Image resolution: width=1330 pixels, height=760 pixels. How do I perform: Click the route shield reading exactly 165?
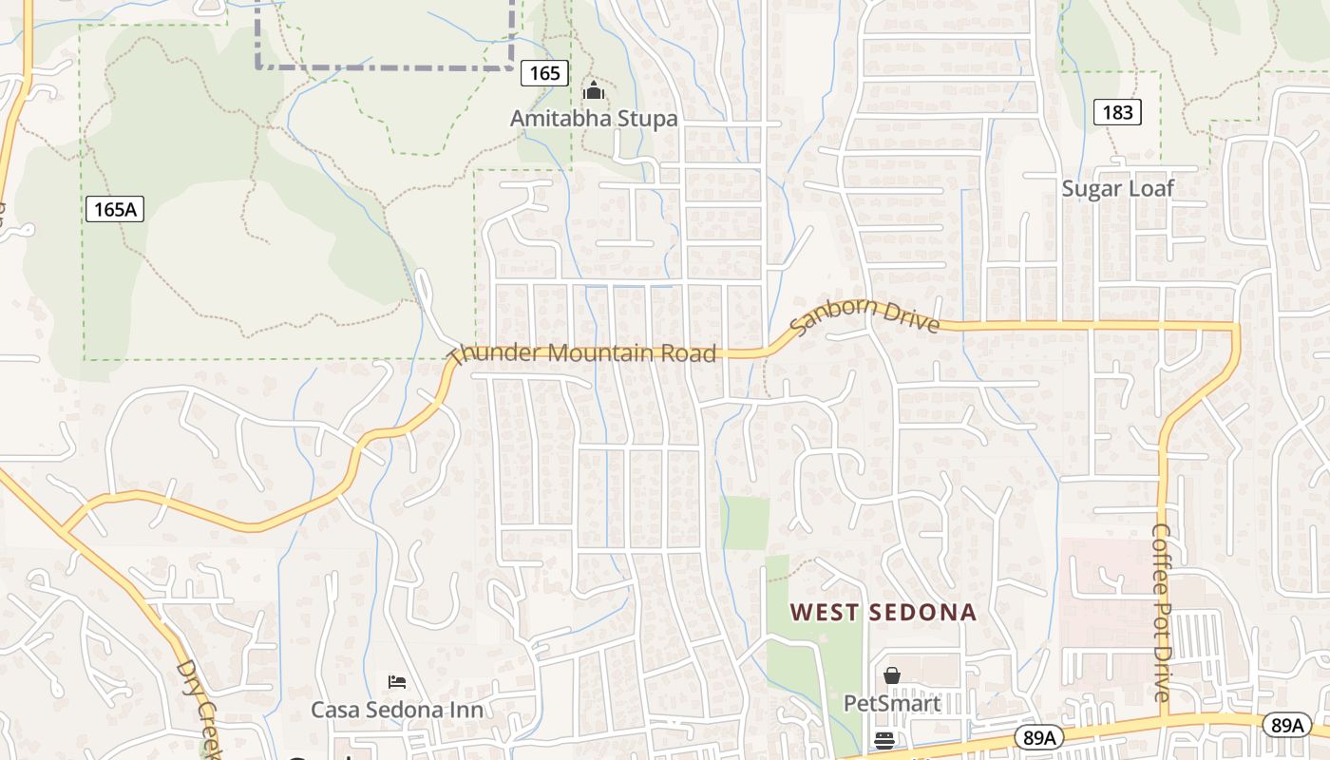(544, 73)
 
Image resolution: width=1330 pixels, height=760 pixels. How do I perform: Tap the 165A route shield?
(115, 209)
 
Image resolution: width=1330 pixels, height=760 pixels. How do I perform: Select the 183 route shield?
(1117, 112)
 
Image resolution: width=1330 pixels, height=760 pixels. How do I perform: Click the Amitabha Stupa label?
(594, 119)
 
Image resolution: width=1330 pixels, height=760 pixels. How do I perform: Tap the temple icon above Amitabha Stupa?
(594, 92)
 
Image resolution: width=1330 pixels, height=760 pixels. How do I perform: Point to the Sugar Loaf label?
(1117, 188)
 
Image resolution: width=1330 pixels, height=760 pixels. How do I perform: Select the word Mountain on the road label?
(598, 352)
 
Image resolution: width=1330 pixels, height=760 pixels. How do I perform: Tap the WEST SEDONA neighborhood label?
(883, 612)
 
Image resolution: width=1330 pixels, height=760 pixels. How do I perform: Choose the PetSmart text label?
(892, 704)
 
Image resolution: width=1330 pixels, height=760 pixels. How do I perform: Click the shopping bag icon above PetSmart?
(891, 675)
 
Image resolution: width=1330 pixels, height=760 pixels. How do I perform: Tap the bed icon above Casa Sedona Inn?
(397, 681)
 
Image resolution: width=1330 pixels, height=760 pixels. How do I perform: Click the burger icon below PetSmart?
(884, 740)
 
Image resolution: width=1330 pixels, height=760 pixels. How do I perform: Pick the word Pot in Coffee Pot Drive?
(1161, 614)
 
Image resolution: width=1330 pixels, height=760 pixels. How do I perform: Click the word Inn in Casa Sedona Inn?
(466, 710)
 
